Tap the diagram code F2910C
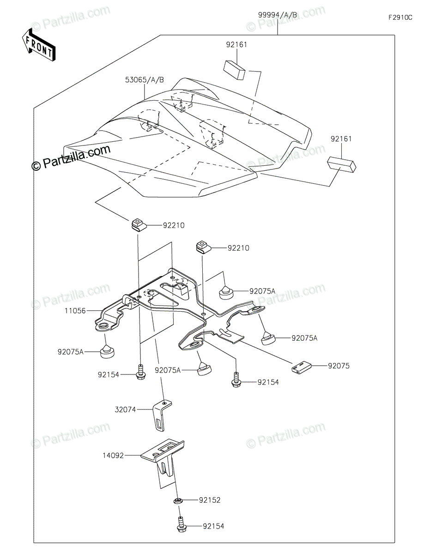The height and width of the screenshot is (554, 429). pos(400,18)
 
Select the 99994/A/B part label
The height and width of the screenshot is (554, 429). pos(277,15)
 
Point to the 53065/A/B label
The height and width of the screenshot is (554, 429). pos(145,79)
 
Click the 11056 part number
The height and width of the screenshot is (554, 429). pos(75,311)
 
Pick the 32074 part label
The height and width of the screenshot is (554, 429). pos(126,409)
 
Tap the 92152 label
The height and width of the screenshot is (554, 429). pos(210,500)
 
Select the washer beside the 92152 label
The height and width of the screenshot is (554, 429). pos(178,501)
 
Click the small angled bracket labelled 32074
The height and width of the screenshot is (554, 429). pos(162,414)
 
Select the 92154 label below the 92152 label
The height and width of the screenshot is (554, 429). pos(213,526)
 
